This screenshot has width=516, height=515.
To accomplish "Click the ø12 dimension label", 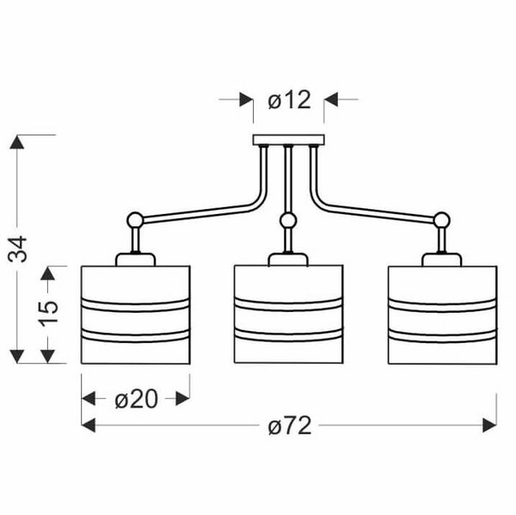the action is pyautogui.click(x=290, y=100).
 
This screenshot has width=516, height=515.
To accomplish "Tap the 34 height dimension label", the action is pyautogui.click(x=18, y=248).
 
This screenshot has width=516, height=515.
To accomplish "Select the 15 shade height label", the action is pyautogui.click(x=48, y=314).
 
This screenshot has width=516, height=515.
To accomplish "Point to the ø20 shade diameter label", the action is pyautogui.click(x=136, y=400).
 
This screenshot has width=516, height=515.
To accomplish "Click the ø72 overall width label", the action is pyautogui.click(x=290, y=426).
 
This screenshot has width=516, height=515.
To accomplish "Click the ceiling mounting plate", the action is pyautogui.click(x=289, y=140).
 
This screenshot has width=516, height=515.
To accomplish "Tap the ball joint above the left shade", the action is pyautogui.click(x=135, y=220).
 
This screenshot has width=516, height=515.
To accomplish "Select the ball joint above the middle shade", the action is pyautogui.click(x=288, y=220).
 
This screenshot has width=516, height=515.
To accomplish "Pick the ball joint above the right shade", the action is pyautogui.click(x=442, y=220).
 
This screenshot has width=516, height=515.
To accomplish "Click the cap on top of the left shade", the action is pyautogui.click(x=135, y=260).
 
